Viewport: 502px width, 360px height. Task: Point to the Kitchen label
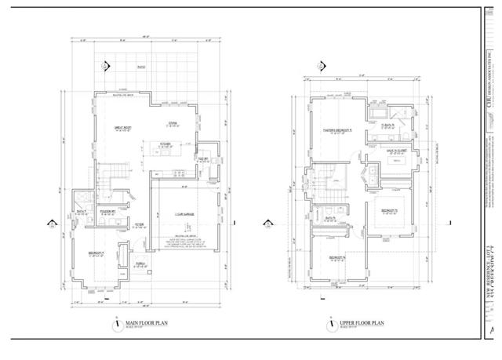pyautogui.click(x=166, y=144)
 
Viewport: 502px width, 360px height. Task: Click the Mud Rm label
pyautogui.click(x=203, y=158)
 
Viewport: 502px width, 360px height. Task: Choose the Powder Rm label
pyautogui.click(x=107, y=211)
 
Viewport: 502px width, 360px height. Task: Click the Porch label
pyautogui.click(x=140, y=263)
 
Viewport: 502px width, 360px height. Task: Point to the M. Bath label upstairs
pyautogui.click(x=387, y=125)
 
